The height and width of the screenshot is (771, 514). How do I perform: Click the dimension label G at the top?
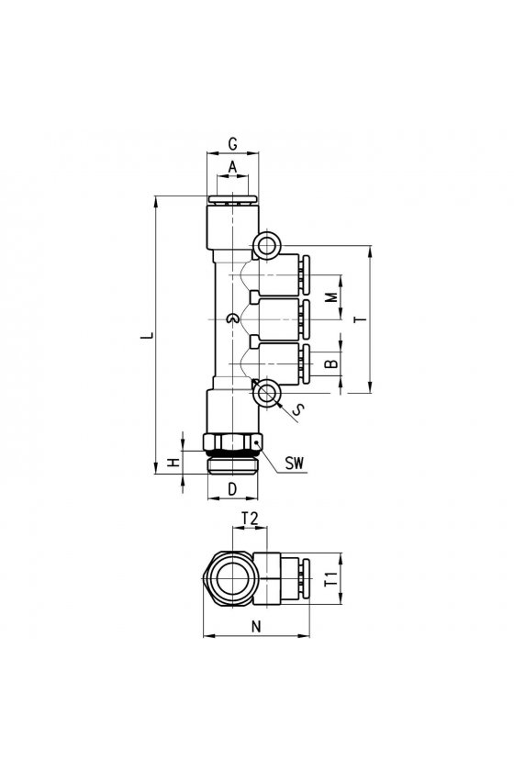click(232, 144)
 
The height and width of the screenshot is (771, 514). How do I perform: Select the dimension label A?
click(232, 168)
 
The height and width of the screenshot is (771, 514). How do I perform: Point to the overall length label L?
click(147, 336)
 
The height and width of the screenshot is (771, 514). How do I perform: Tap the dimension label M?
click(333, 297)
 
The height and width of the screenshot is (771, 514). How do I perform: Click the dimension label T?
click(362, 319)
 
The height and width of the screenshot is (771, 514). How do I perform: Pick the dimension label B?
click(333, 363)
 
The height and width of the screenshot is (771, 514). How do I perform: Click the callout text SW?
click(295, 463)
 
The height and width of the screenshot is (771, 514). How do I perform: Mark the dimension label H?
click(173, 463)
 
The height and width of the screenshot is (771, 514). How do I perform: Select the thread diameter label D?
click(232, 488)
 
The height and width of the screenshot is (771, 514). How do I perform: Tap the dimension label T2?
click(250, 518)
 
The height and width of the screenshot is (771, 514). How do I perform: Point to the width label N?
click(256, 626)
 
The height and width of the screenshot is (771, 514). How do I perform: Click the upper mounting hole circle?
click(267, 244)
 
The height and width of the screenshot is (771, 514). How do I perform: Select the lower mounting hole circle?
click(267, 393)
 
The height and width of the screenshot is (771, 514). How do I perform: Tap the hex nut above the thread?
click(232, 441)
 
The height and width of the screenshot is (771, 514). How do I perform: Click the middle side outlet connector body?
click(274, 319)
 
